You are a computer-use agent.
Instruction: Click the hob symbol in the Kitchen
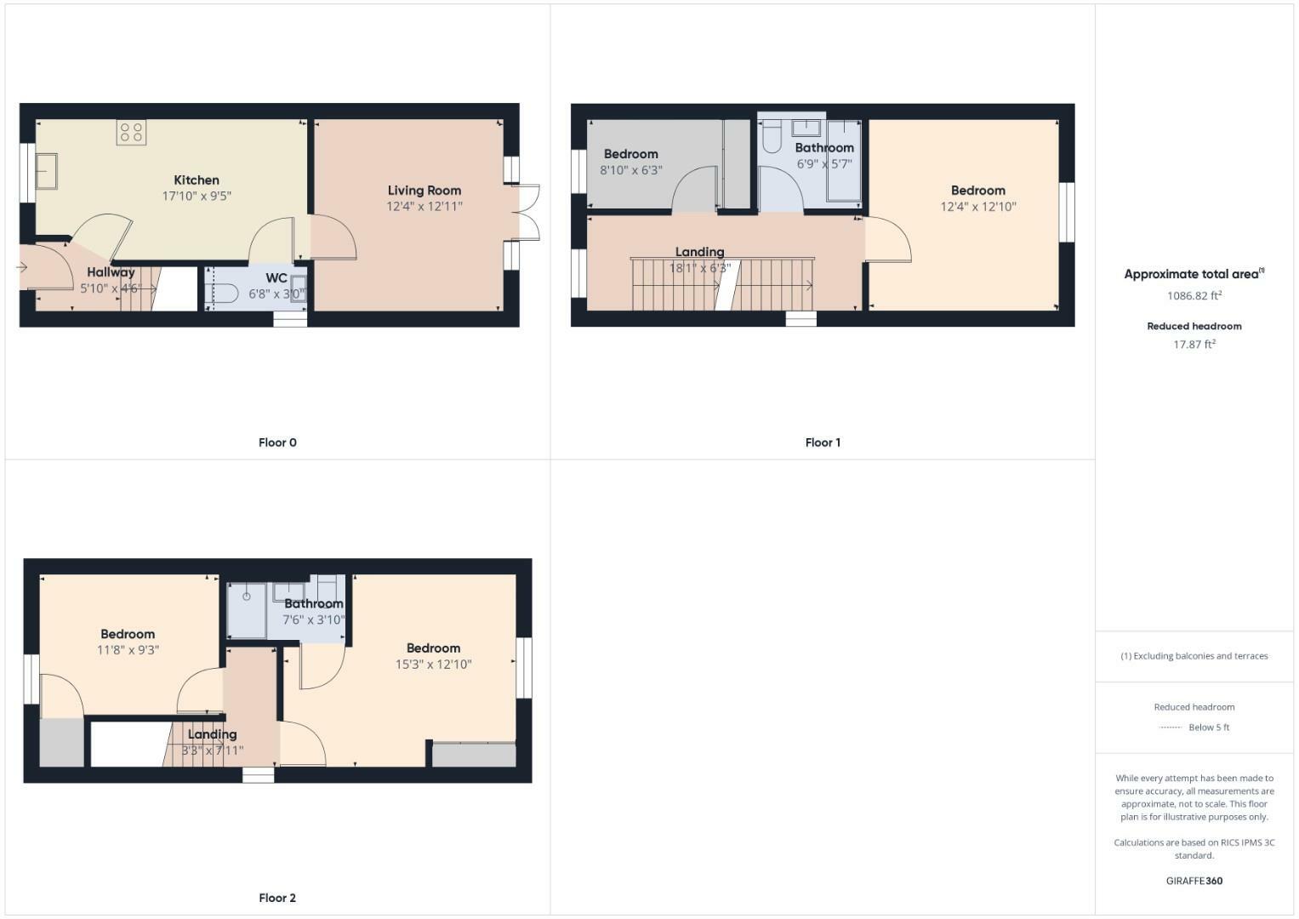(x=132, y=132)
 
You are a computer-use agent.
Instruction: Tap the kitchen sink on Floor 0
(x=46, y=171)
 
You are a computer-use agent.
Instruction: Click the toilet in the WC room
(x=223, y=293)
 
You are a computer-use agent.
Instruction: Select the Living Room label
(x=424, y=191)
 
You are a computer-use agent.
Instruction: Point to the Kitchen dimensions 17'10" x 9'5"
(x=197, y=196)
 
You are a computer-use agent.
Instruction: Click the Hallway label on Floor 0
(x=111, y=272)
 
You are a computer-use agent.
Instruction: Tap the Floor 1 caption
(x=823, y=442)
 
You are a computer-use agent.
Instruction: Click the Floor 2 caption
(x=277, y=898)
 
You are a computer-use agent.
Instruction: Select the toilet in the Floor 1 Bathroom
(x=772, y=136)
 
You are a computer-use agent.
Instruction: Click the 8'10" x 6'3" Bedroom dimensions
(x=631, y=169)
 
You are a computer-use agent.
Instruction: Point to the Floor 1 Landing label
(x=699, y=252)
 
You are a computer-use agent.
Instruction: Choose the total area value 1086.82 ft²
(x=1194, y=296)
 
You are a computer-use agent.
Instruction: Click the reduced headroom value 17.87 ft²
(x=1194, y=345)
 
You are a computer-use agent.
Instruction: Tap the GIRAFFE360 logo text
(x=1194, y=881)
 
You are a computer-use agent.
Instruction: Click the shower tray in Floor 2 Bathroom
(x=246, y=609)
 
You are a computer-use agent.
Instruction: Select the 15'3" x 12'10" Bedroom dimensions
(x=433, y=665)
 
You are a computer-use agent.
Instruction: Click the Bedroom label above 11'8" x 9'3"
(x=128, y=634)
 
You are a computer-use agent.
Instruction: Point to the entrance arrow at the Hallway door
(x=22, y=268)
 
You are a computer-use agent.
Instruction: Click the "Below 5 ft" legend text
(x=1209, y=728)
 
